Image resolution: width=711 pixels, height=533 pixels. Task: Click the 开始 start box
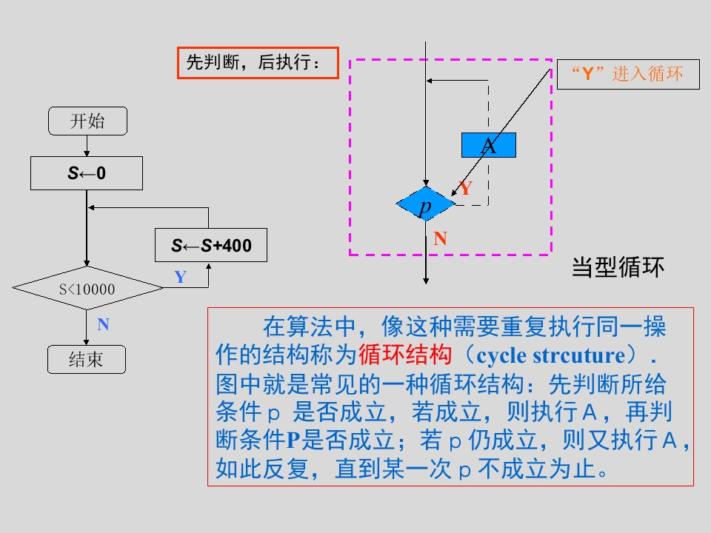point(87,121)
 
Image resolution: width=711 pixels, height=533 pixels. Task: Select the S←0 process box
point(87,173)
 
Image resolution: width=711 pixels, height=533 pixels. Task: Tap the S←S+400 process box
point(210,245)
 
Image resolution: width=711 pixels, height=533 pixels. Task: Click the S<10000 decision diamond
point(87,289)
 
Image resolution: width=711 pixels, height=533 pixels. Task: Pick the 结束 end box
point(87,360)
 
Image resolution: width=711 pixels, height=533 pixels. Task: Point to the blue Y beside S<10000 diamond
point(180,278)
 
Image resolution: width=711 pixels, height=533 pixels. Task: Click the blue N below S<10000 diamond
point(103,324)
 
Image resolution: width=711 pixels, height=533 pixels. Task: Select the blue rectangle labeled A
point(489,145)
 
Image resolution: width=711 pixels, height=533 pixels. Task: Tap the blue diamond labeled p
point(425,205)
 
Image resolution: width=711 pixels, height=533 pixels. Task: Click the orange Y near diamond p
point(465,189)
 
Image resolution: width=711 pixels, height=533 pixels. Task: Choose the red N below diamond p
point(441,238)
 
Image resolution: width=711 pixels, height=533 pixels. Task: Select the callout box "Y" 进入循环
point(627,74)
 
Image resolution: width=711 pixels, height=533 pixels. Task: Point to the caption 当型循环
point(618,266)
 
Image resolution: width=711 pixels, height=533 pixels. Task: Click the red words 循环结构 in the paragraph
point(404,355)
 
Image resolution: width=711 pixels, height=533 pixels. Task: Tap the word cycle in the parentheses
point(502,355)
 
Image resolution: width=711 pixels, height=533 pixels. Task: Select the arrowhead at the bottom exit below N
point(426,281)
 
